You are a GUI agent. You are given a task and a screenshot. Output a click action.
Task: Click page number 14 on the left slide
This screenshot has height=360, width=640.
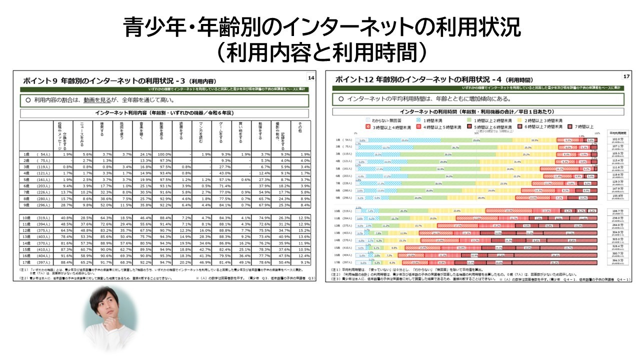311,77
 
